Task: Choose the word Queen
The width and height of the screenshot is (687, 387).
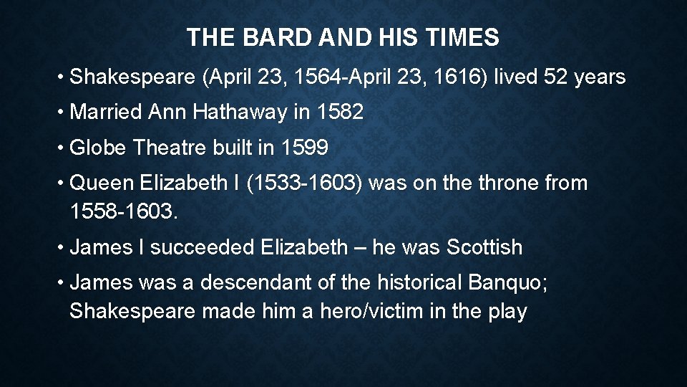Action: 102,183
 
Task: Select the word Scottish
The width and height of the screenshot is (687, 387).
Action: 484,248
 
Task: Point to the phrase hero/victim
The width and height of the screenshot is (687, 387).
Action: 334,312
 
